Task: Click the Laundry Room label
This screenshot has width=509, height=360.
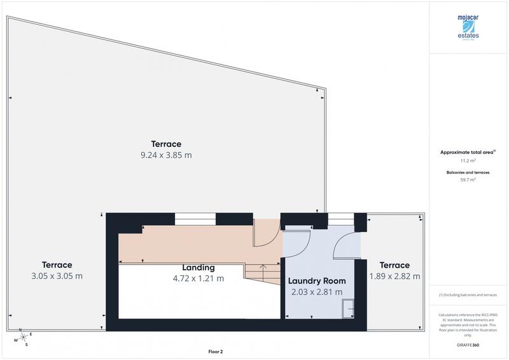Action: click(x=317, y=280)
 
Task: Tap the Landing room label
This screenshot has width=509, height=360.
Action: click(x=198, y=268)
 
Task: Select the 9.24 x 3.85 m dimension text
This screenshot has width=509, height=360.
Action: click(x=166, y=155)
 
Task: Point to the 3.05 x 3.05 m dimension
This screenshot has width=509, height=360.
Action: click(x=57, y=276)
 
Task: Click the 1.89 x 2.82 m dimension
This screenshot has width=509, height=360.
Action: click(x=394, y=276)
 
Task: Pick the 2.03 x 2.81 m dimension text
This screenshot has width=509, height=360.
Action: click(x=317, y=292)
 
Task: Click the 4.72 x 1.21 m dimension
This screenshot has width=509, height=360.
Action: click(x=198, y=279)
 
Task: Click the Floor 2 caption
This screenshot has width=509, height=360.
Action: click(x=216, y=351)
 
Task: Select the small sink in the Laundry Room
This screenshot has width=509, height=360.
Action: click(x=349, y=309)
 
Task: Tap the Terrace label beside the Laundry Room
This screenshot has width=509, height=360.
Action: click(x=394, y=265)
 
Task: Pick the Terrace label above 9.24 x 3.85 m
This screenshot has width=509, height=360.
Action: click(x=166, y=144)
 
